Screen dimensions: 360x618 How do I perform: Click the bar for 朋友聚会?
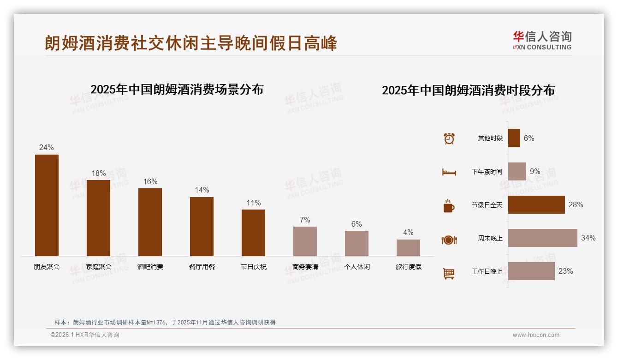(47, 205)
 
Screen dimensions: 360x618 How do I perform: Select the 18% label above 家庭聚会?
(98, 174)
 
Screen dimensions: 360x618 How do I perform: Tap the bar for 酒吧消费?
(150, 222)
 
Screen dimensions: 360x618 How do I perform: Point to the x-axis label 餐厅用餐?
(202, 267)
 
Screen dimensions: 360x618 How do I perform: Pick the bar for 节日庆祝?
(253, 233)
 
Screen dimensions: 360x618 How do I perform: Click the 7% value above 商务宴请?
(305, 220)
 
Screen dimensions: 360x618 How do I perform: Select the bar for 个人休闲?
(357, 243)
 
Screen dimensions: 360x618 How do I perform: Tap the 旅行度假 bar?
(408, 248)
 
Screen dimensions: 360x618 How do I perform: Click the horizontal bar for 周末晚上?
(542, 238)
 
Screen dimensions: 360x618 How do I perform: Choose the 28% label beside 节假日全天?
(576, 204)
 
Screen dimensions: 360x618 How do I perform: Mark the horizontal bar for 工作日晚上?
(531, 271)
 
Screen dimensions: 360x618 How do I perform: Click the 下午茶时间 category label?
(487, 172)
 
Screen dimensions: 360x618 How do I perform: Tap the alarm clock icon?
(449, 138)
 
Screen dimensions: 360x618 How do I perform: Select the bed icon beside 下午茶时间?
(449, 172)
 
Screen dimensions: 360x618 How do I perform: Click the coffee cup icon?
(449, 206)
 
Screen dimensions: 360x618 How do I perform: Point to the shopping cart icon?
(449, 273)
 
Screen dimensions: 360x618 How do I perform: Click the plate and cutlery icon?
(449, 240)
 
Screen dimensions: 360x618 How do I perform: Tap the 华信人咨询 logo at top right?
(542, 41)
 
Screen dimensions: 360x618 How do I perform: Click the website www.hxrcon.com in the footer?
(535, 335)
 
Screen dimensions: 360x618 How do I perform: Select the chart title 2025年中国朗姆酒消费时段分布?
(468, 90)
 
